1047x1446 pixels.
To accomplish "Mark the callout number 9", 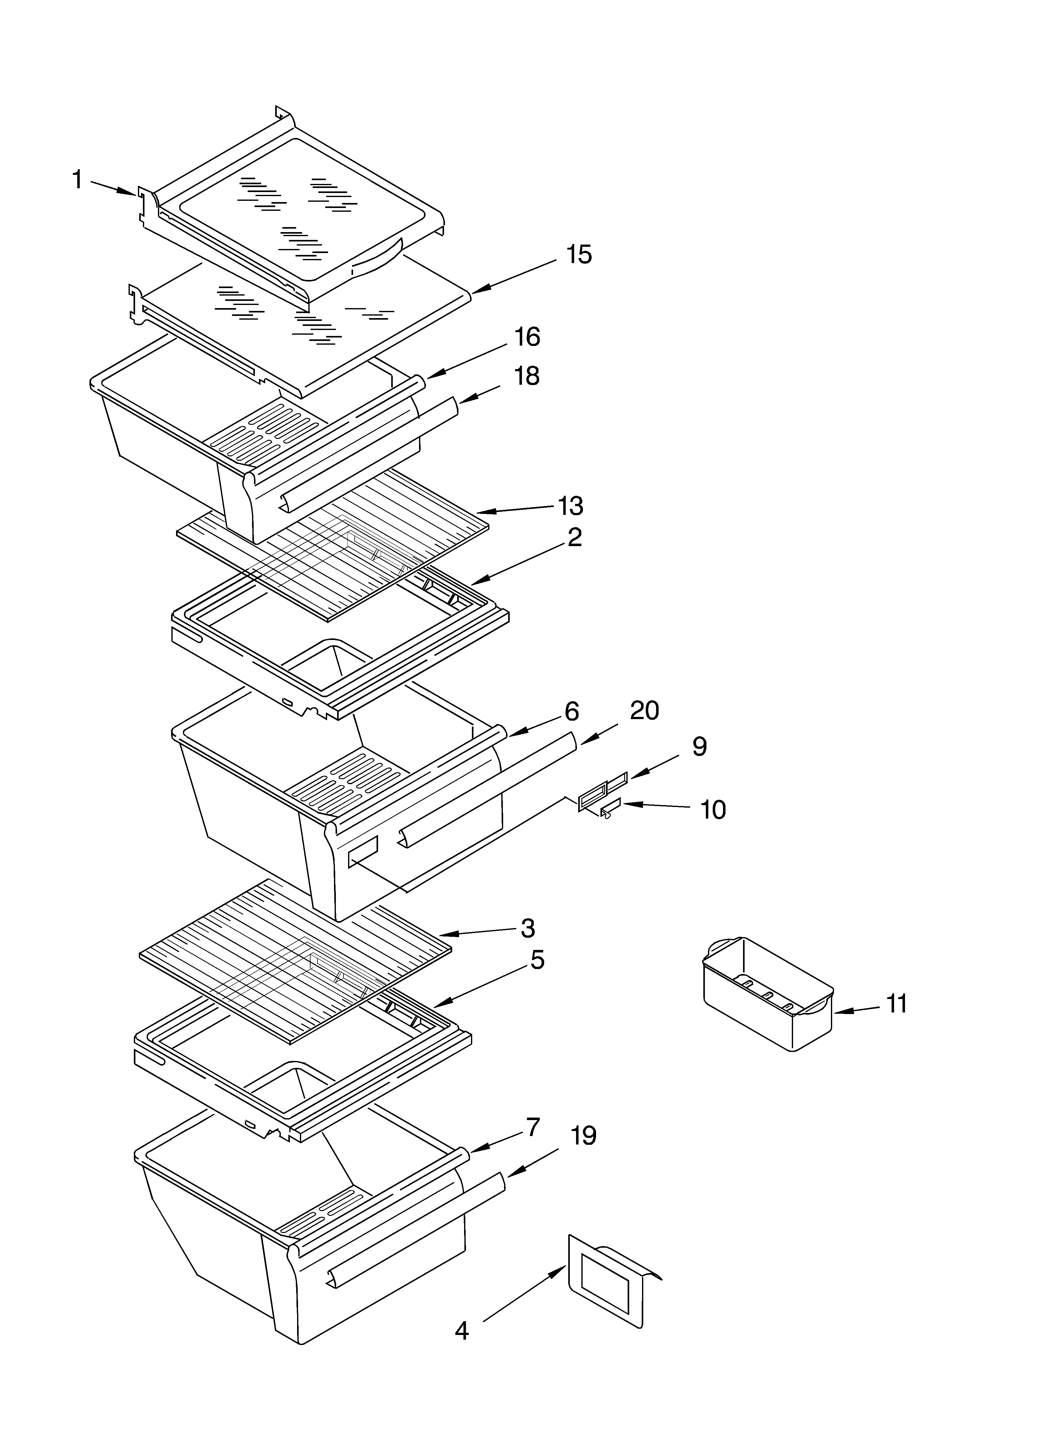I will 700,747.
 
